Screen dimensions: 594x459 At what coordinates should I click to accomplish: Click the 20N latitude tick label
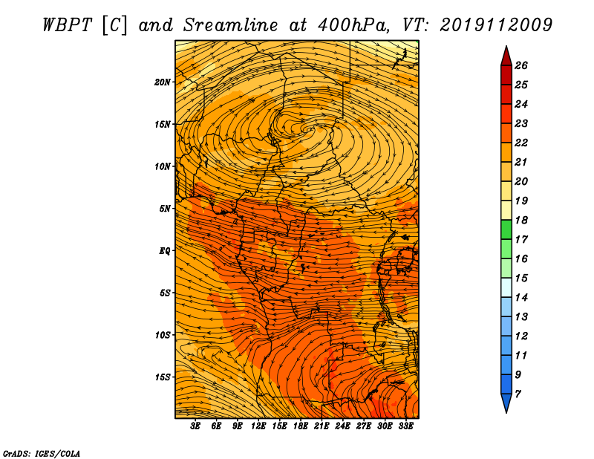[162, 82]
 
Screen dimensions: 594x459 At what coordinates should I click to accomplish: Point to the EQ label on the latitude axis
[164, 251]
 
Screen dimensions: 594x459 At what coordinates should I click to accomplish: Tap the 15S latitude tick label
[162, 377]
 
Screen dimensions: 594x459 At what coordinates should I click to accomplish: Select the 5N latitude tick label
[164, 209]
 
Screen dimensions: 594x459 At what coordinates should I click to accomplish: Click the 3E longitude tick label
[195, 426]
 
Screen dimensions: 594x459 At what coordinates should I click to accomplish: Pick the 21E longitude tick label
[322, 426]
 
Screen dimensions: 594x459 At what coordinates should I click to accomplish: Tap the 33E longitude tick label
[405, 426]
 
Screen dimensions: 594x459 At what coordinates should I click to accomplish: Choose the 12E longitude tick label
[258, 426]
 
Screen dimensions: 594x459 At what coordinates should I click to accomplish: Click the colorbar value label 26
[521, 65]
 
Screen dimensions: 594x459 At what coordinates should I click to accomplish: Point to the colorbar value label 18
[521, 220]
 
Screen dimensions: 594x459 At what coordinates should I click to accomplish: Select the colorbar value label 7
[518, 394]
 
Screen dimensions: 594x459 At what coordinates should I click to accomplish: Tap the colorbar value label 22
[521, 143]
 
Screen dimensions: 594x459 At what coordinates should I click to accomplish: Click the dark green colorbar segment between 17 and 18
[506, 229]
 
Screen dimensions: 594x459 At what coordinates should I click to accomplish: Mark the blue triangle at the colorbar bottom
[506, 402]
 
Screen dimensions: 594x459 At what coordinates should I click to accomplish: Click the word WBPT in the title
[67, 25]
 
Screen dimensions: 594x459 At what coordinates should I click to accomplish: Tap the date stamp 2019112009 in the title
[496, 25]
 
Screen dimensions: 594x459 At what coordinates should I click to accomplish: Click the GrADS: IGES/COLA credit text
[42, 454]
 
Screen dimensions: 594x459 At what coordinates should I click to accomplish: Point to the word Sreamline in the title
[231, 25]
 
